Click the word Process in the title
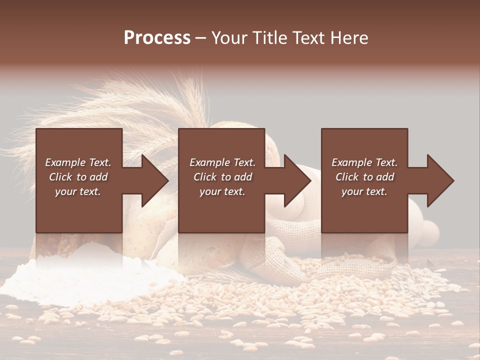point(157,38)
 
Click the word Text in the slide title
point(308,38)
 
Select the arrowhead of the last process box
point(438,180)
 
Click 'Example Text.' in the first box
point(78,162)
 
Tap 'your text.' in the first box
point(78,191)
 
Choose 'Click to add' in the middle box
point(222,177)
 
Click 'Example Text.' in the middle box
point(222,162)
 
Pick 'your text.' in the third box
point(364,191)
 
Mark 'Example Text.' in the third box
point(364,162)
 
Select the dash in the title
point(201,38)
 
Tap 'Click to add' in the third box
point(364,177)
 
